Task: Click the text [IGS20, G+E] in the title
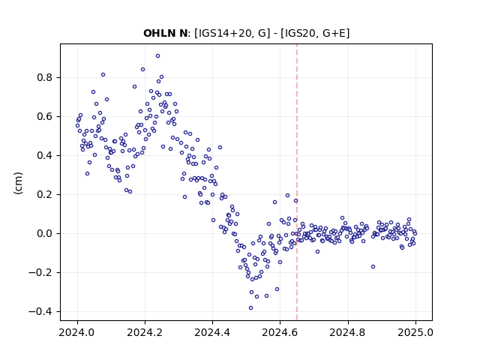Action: click(x=315, y=33)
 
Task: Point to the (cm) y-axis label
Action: click(x=18, y=183)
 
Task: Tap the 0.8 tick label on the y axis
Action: click(x=45, y=78)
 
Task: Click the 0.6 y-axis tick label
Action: click(x=45, y=117)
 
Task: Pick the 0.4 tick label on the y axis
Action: click(x=45, y=155)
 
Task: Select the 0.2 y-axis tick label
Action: click(x=45, y=195)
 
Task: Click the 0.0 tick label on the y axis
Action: click(x=45, y=233)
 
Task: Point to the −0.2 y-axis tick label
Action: click(x=41, y=272)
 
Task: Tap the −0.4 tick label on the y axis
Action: click(x=41, y=312)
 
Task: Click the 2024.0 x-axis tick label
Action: click(x=77, y=332)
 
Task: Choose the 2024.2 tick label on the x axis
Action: click(x=145, y=332)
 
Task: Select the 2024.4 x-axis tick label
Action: click(x=212, y=332)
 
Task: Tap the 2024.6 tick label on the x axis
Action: click(x=280, y=332)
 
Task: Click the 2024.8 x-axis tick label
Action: click(x=348, y=332)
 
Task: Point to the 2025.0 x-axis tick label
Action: click(x=415, y=332)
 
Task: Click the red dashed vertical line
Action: click(x=297, y=182)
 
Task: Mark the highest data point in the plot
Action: click(x=157, y=56)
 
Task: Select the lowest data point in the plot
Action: click(x=250, y=308)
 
